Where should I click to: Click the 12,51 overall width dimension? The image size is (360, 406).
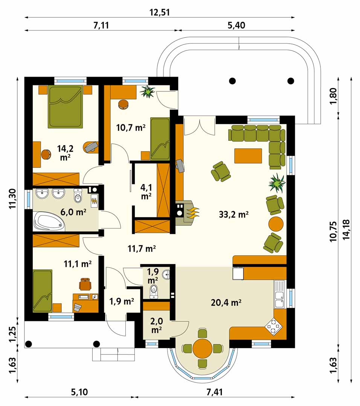coord(160,12)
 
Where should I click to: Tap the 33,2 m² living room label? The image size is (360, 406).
coord(234,214)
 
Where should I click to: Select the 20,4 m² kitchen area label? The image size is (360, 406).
coord(226,302)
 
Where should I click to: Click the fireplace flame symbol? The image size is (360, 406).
coord(193,212)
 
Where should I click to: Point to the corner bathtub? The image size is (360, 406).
coord(49,222)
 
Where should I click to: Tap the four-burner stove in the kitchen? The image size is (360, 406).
coord(273,326)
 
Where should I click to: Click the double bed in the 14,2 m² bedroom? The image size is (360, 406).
coord(66,107)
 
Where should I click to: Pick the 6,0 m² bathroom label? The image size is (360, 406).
coord(73,212)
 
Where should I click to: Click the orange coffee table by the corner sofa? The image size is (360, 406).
coord(248,156)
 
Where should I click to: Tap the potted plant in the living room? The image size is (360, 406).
coord(277,183)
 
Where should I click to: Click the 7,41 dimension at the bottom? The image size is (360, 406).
coord(215,392)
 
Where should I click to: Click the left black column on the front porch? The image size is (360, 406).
coord(29,344)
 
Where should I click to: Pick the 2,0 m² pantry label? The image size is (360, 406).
coord(157,325)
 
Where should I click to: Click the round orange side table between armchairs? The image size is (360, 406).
coord(276,224)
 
